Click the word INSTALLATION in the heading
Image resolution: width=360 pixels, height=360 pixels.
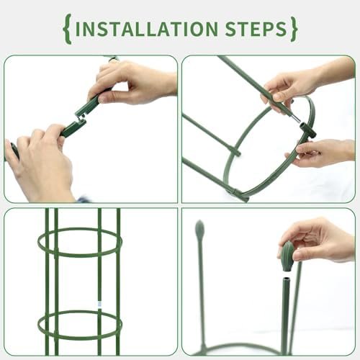pyautogui.click(x=146, y=29)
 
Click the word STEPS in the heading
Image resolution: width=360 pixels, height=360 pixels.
pyautogui.click(x=256, y=29)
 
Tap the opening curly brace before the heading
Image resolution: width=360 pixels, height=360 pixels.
pyautogui.click(x=68, y=30)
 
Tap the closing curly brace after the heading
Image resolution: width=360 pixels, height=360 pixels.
pyautogui.click(x=294, y=30)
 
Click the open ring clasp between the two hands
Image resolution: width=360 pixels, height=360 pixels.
pyautogui.click(x=80, y=118)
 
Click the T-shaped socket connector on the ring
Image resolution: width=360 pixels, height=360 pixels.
pyautogui.click(x=307, y=130)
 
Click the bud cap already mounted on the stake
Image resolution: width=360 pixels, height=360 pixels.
pyautogui.click(x=199, y=229)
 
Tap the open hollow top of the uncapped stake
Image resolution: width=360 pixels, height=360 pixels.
pyautogui.click(x=287, y=280)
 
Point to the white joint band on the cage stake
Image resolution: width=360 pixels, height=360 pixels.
pyautogui.click(x=99, y=304)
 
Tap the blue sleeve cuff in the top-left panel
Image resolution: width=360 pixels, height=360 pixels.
pyautogui.click(x=83, y=200)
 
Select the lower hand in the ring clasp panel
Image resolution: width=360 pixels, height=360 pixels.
pyautogui.click(x=40, y=163)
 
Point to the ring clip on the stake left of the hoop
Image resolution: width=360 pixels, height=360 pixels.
pyautogui.click(x=236, y=152)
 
